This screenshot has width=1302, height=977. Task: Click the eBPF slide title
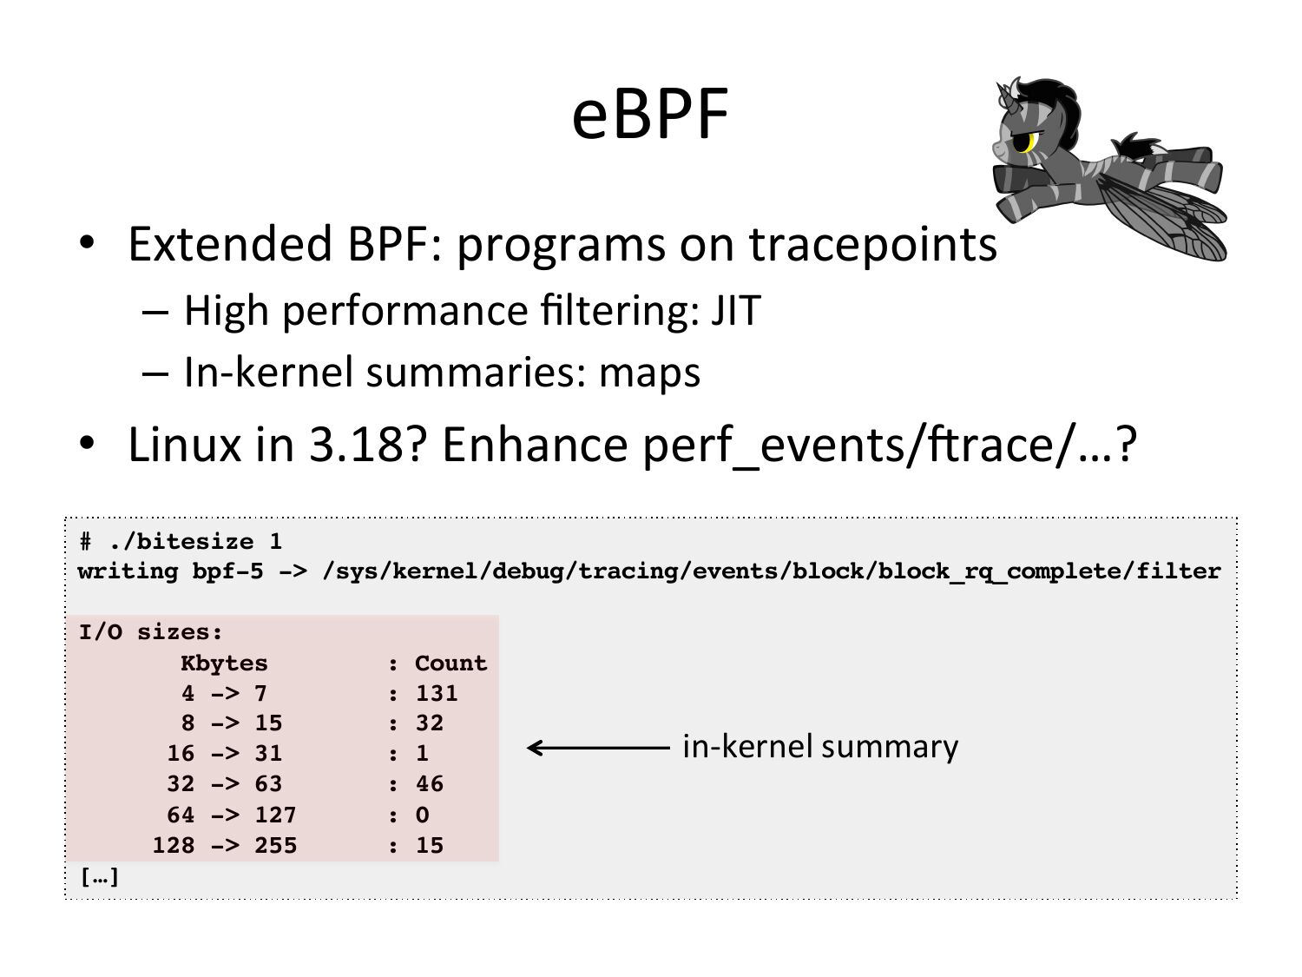[650, 113]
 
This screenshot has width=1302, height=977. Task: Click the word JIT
[735, 310]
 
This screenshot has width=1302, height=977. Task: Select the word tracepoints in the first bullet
[872, 244]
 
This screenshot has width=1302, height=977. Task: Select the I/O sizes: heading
[151, 632]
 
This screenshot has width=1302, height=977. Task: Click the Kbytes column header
[224, 663]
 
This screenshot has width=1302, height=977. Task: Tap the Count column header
[450, 663]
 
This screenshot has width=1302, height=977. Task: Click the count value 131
[437, 693]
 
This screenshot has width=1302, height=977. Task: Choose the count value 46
[430, 784]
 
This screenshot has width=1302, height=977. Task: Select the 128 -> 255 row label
[225, 845]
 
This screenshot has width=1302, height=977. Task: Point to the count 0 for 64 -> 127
[423, 815]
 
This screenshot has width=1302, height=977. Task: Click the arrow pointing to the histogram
[598, 748]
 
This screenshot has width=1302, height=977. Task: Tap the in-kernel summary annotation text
[820, 747]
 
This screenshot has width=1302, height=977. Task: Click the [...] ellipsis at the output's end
[100, 877]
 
